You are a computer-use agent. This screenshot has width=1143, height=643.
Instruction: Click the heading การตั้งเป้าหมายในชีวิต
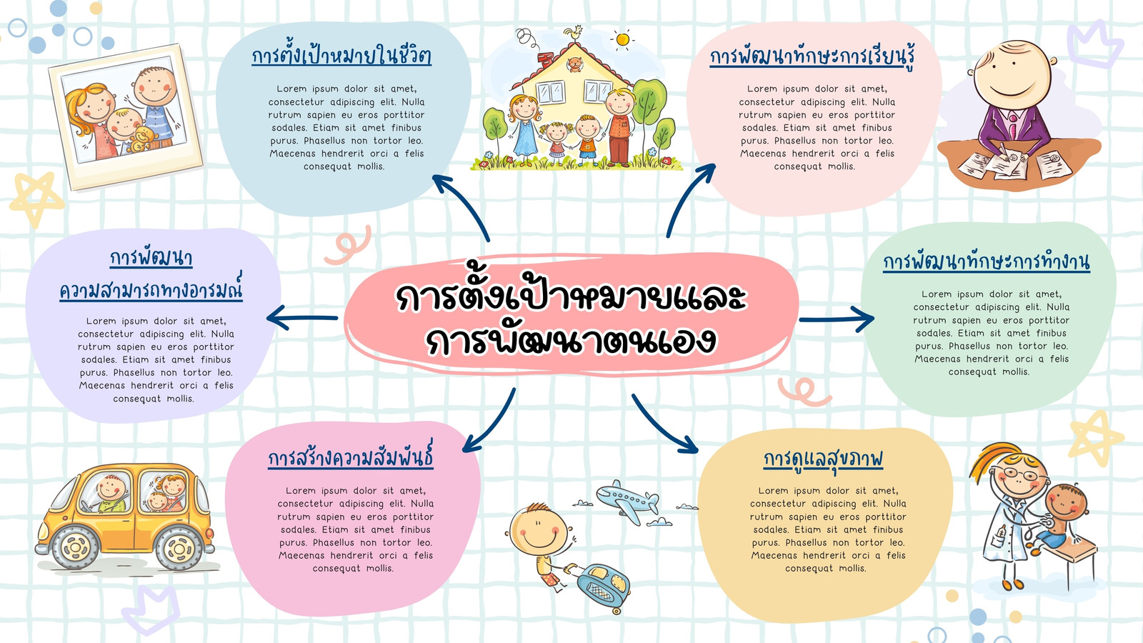(341, 55)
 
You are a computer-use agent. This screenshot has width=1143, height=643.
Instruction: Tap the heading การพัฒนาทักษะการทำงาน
(987, 261)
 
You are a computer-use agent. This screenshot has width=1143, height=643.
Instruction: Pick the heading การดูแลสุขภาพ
(823, 459)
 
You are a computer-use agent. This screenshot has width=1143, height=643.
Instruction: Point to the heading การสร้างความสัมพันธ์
(351, 456)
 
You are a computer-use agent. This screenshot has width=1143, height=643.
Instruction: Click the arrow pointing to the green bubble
(837, 319)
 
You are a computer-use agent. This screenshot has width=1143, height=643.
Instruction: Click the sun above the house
(622, 39)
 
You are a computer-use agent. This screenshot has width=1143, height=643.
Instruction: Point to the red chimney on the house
(546, 59)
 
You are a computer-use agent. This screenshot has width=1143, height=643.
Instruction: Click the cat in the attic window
(575, 64)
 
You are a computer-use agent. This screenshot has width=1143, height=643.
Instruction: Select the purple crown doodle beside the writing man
(1094, 45)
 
